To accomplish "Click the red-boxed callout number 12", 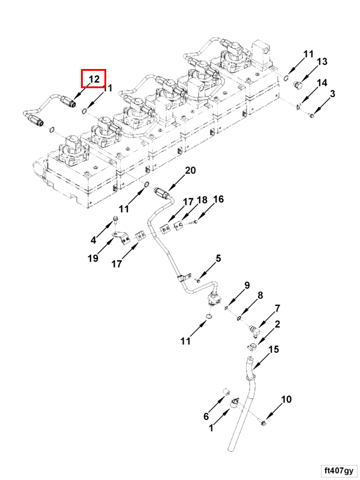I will coord(94,79).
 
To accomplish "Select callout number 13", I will coord(322,62).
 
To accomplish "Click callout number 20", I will coord(190,171).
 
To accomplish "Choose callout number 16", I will coord(218,199).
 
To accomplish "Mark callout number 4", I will coord(93,240).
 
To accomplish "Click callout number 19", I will coord(93,259).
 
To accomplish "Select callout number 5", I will coord(218,259).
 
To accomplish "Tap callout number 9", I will coord(246,284).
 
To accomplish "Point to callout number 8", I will coord(260,295).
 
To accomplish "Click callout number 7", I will coord(277,309).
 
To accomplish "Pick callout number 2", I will coord(277,325).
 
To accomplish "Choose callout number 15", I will coord(274,349).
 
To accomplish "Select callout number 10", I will coord(286,399).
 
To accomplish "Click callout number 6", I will coord(206,416).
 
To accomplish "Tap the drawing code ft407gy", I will coord(338,470).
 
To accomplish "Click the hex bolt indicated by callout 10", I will coord(265,424).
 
